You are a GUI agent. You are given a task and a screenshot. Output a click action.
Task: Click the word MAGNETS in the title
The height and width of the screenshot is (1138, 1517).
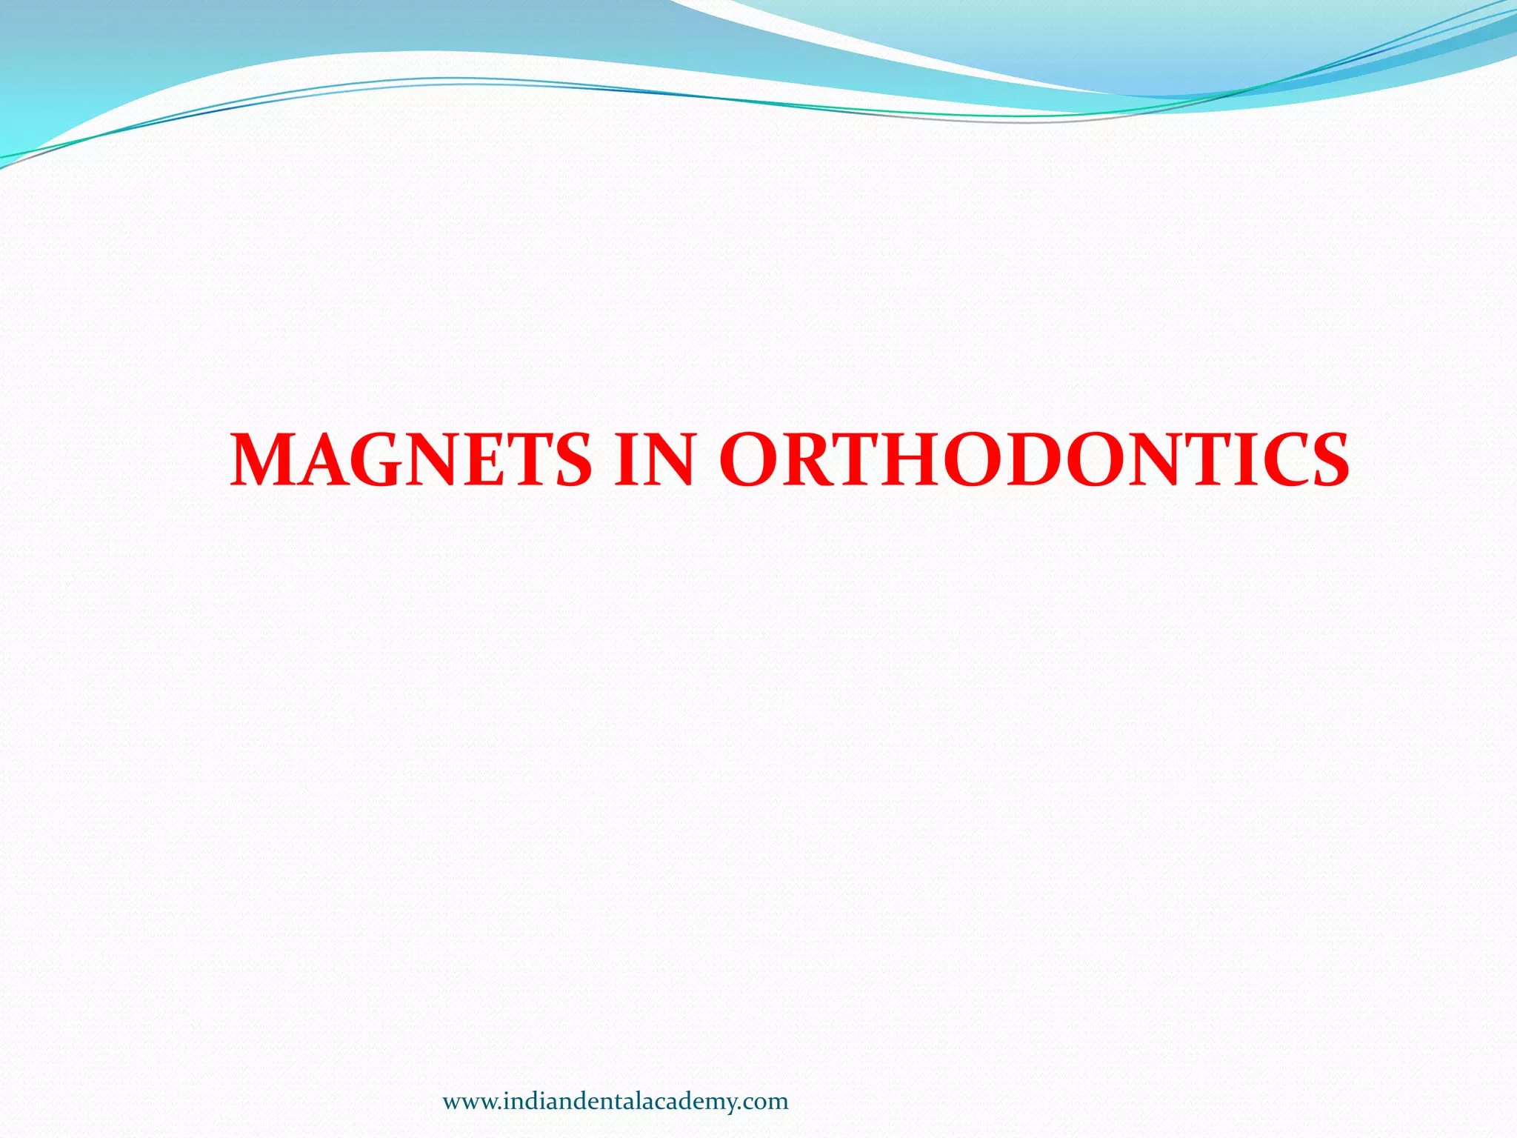coord(411,460)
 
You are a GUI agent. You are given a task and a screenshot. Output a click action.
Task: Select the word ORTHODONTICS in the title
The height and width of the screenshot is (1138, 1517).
coord(1033,460)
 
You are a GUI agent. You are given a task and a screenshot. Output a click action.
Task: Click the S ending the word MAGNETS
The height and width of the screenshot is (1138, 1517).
coord(570,460)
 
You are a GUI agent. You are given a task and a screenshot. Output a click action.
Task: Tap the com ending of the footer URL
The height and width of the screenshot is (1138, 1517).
coord(768,1102)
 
